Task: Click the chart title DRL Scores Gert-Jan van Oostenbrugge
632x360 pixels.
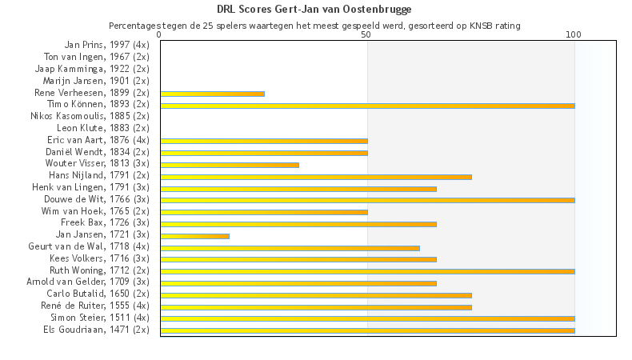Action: (314, 10)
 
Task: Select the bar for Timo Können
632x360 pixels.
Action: (367, 105)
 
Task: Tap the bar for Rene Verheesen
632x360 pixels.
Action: (212, 94)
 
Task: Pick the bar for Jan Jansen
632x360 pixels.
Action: (194, 236)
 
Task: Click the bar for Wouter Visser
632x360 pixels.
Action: (230, 165)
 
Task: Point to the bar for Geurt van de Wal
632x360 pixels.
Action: (290, 248)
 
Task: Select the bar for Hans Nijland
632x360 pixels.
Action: (316, 177)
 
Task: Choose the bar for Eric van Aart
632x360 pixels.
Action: (264, 141)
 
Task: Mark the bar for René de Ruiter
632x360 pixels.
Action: (316, 306)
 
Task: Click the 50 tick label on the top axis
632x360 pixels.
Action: (366, 34)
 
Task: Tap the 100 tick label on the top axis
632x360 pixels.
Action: (574, 34)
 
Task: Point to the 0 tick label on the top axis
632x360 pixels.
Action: (160, 34)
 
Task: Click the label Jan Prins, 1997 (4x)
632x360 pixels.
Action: (106, 46)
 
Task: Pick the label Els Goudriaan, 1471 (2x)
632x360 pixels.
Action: (96, 329)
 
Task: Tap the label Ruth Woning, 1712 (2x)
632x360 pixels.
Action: (99, 270)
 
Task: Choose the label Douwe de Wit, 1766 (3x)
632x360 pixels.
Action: (99, 199)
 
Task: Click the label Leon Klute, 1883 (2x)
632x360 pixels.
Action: (103, 128)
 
